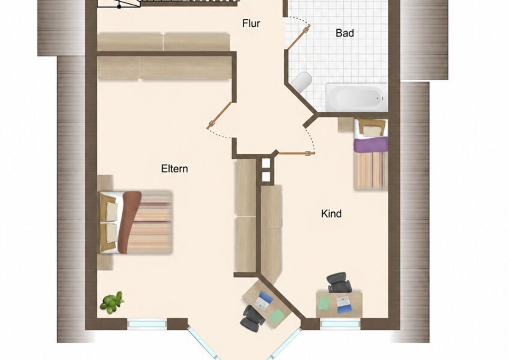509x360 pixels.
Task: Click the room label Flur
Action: coord(251,23)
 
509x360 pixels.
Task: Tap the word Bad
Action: coord(345,33)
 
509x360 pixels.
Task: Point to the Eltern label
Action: coord(174,169)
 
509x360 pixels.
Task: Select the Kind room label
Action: coord(331,214)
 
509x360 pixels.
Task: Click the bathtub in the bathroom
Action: coord(357,97)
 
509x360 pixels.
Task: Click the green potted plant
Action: coord(112,303)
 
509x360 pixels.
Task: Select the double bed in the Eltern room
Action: coord(135,222)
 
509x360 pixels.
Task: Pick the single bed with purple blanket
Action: coord(371,155)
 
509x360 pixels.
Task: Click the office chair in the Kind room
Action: coord(339,282)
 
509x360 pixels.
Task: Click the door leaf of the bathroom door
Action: coord(299,37)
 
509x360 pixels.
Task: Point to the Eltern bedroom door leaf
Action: coord(219,115)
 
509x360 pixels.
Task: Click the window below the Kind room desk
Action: coord(340,324)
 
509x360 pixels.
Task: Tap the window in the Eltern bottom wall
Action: coord(147,324)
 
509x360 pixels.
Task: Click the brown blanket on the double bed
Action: coord(129,222)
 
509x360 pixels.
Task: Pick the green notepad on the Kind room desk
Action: coord(324,304)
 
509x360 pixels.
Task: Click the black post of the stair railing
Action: coord(119,7)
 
